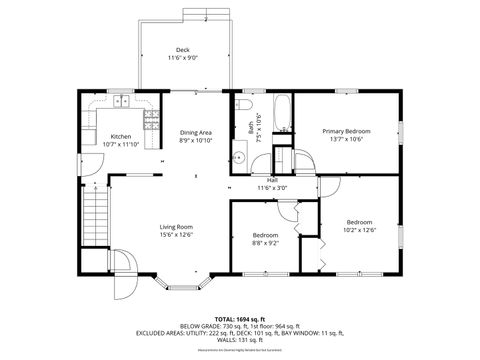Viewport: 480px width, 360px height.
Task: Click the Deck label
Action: point(182,49)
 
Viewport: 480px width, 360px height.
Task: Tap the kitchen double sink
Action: point(121,101)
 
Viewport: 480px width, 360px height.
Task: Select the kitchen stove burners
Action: point(151,121)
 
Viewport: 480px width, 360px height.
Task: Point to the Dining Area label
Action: point(195,132)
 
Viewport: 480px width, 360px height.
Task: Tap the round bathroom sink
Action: point(239,158)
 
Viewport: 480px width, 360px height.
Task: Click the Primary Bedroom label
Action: point(346,131)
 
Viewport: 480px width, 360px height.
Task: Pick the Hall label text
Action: point(271,180)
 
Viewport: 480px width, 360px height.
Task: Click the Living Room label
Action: point(176,226)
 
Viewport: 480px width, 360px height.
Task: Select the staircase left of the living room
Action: point(95,220)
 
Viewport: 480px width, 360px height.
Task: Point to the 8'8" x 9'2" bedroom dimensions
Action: point(265,243)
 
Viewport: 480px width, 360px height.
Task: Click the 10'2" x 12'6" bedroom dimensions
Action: point(359,230)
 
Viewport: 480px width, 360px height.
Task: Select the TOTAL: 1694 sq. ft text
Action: point(239,319)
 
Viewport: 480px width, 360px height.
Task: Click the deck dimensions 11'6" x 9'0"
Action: point(182,58)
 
